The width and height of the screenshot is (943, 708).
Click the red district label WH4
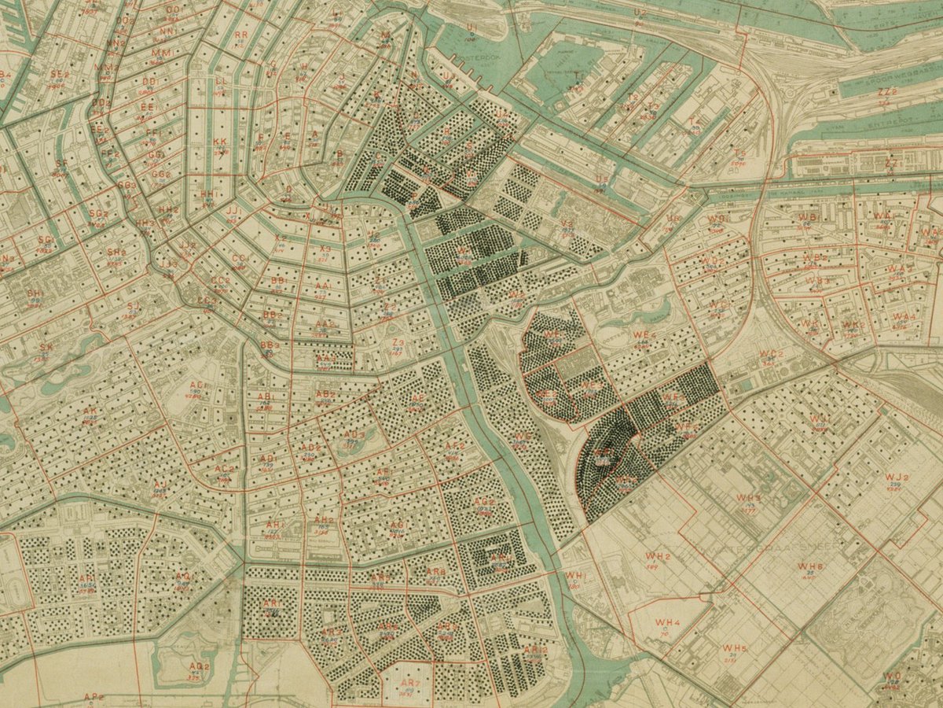[x=666, y=622]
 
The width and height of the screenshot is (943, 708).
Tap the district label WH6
[x=810, y=566]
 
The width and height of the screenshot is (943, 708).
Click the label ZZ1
[x=890, y=163]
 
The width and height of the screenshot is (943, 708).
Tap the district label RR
[x=241, y=35]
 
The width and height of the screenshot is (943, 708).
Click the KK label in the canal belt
[x=220, y=142]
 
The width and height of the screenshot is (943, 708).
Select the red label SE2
[x=57, y=74]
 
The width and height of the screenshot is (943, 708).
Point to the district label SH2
[x=116, y=252]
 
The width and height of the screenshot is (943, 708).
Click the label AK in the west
[x=90, y=411]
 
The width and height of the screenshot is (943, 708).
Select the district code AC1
[x=198, y=385]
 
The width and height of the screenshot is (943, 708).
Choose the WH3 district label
[x=748, y=499]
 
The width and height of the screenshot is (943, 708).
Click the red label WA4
[x=904, y=316]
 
